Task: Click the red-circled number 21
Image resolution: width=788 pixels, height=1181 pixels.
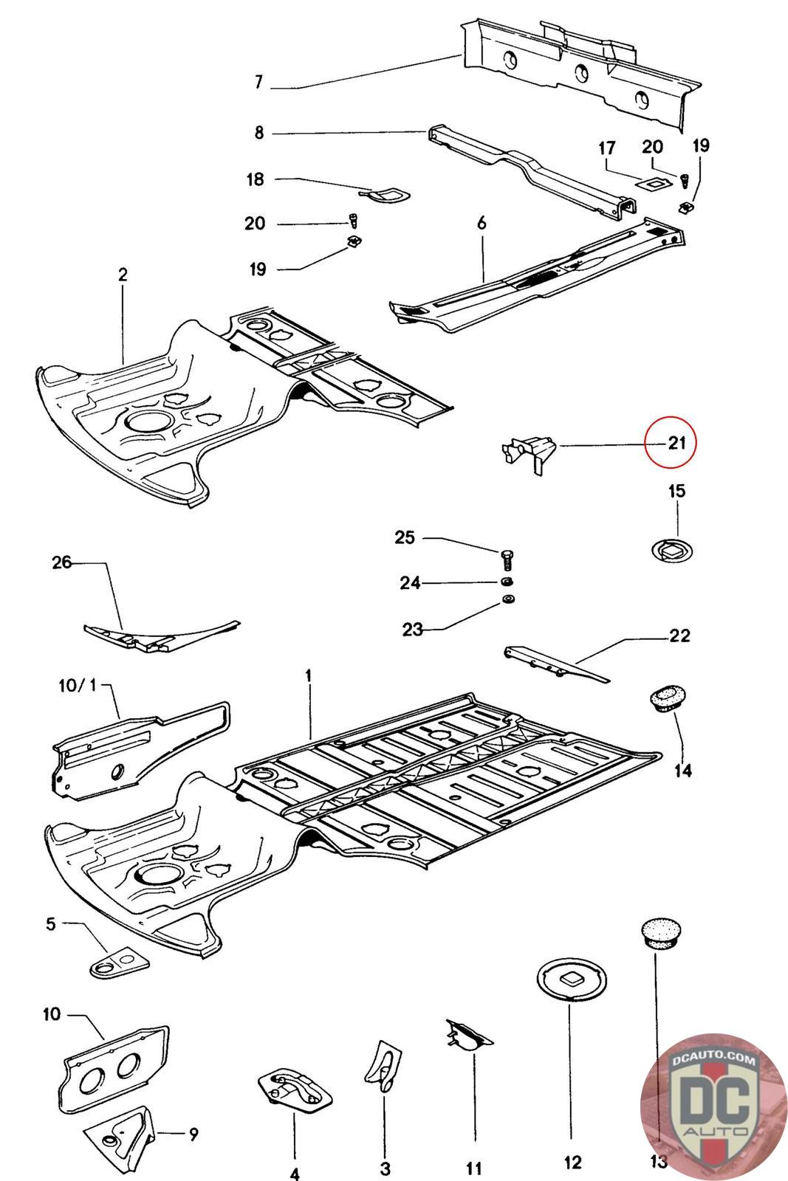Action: (676, 442)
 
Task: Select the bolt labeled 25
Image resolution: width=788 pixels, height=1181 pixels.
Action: (507, 559)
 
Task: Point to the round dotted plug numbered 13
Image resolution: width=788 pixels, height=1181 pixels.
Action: (660, 935)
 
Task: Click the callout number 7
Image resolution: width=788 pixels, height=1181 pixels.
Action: (258, 82)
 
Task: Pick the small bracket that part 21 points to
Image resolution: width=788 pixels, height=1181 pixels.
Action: (529, 453)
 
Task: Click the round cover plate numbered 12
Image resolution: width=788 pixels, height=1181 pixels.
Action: (572, 979)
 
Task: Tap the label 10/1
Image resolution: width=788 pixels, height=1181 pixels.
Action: (78, 686)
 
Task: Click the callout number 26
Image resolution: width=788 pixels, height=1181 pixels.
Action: (61, 562)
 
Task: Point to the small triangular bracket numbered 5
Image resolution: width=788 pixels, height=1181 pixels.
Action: (119, 963)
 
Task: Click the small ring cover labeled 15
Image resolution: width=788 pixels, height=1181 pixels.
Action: (671, 551)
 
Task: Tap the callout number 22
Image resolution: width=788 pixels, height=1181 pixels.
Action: (680, 636)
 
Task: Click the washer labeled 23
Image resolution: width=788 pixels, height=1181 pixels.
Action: (508, 599)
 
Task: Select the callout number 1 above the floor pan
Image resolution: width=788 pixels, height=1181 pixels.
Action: (309, 675)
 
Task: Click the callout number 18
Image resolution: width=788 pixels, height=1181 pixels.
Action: (256, 179)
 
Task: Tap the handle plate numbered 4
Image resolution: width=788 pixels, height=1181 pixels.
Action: (295, 1085)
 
